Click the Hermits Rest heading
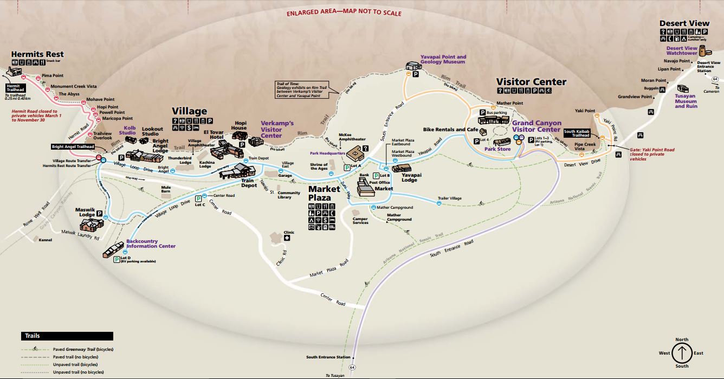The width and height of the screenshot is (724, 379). point(37,54)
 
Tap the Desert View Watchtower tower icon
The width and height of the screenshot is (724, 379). point(703,52)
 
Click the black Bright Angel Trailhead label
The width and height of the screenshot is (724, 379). point(73,147)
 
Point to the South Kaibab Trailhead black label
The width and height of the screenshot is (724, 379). point(577,134)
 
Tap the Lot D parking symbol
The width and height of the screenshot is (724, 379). point(117,260)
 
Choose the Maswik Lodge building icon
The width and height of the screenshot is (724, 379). point(89,224)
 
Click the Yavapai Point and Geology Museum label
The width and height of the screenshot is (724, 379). point(443,59)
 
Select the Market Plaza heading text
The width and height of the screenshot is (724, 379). point(324,193)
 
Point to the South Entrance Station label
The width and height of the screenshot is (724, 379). point(328,357)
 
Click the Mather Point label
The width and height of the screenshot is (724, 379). point(509,103)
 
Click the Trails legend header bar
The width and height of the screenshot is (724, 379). point(67,336)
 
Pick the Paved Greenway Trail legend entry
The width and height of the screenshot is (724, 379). point(83,350)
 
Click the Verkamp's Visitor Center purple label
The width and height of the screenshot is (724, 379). point(277,129)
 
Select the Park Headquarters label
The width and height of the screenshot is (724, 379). point(328,153)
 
